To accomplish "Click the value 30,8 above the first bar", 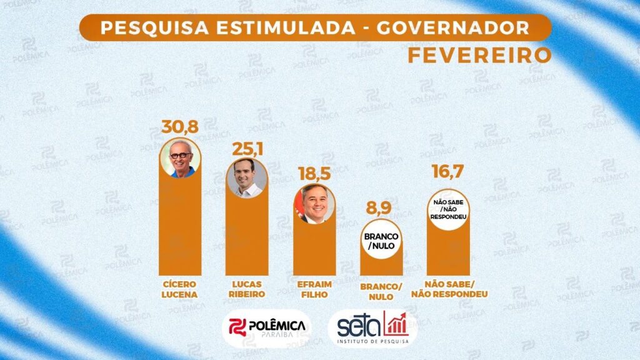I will pos(180,127).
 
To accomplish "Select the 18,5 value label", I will pos(315,173).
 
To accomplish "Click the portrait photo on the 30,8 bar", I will pos(180,158).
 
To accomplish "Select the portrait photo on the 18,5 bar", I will pos(314,204).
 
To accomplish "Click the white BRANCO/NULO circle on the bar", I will pos(381,240).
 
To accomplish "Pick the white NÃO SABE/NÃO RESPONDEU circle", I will pos(448,209).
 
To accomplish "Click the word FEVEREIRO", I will pos(479,54).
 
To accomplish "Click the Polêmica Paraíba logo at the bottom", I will pos(267,327).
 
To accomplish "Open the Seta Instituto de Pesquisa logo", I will pos(372,327).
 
